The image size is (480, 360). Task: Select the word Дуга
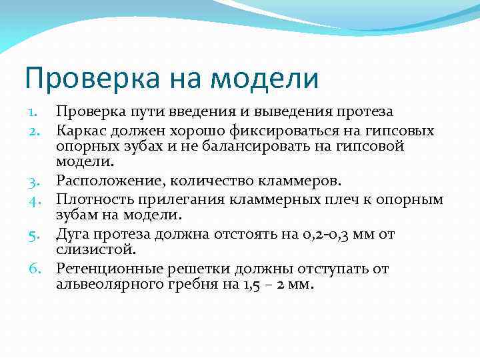72,234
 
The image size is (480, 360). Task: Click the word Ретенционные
105,269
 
